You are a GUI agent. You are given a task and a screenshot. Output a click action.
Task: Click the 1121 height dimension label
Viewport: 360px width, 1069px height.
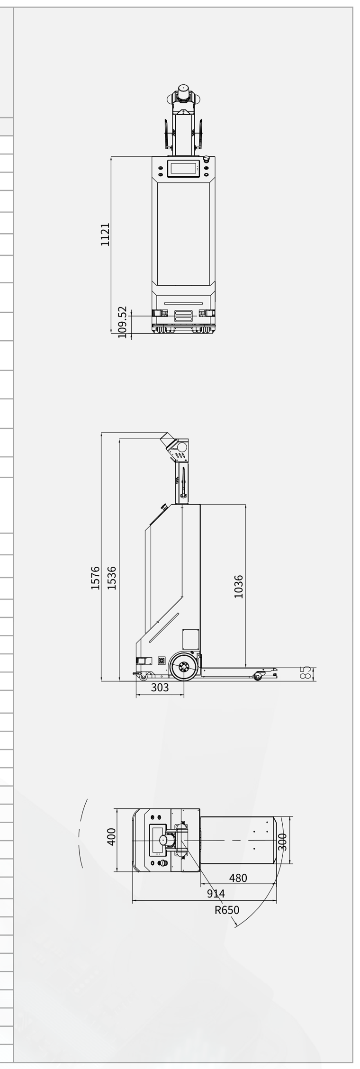[105, 234]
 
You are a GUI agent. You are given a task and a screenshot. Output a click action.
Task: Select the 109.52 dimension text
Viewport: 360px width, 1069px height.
[122, 323]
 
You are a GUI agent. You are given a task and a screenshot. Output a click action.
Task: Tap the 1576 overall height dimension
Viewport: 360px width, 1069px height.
[95, 578]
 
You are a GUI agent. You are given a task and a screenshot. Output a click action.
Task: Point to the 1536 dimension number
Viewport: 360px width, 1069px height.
[112, 578]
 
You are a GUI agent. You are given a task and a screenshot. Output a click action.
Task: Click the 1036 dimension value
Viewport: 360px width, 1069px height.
[239, 587]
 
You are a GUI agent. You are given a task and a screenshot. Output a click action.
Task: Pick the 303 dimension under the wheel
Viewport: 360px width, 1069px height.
[160, 688]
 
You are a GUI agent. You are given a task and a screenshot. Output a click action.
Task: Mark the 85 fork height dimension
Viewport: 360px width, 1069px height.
[306, 672]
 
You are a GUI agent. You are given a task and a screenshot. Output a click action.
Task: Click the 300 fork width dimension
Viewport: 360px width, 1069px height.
[283, 842]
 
